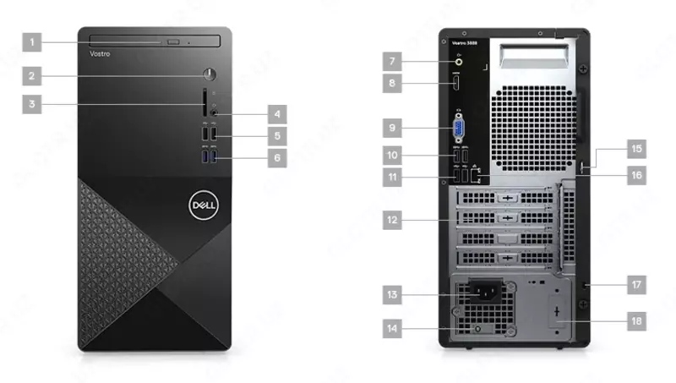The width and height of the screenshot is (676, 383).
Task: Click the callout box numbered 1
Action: (32, 41)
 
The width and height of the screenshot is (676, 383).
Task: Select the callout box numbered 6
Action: (276, 156)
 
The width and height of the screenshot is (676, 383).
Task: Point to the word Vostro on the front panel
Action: (100, 53)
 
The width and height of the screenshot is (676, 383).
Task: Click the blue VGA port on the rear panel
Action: (457, 129)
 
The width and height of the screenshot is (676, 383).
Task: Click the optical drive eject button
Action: (174, 41)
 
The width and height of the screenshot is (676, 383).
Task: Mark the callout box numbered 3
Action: (32, 105)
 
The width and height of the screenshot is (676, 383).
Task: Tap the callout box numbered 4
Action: (276, 112)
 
